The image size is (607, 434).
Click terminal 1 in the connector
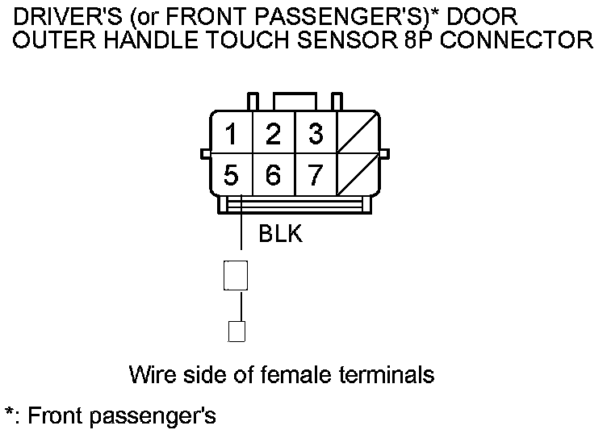[x=232, y=134]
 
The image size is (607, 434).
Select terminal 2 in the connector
[x=274, y=134]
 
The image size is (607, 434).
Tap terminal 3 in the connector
[x=316, y=134]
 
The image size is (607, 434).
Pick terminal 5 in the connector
[x=232, y=174]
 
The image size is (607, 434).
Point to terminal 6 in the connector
[x=274, y=174]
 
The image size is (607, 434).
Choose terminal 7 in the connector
[x=316, y=174]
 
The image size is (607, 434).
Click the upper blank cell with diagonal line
[x=358, y=134]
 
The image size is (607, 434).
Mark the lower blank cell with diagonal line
[x=358, y=174]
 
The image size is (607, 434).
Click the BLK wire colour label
[x=280, y=234]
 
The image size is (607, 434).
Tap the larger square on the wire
[x=235, y=275]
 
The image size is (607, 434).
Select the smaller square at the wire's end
[x=237, y=331]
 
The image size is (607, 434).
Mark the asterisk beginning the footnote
[x=10, y=413]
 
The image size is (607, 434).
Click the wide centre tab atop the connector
[x=295, y=101]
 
